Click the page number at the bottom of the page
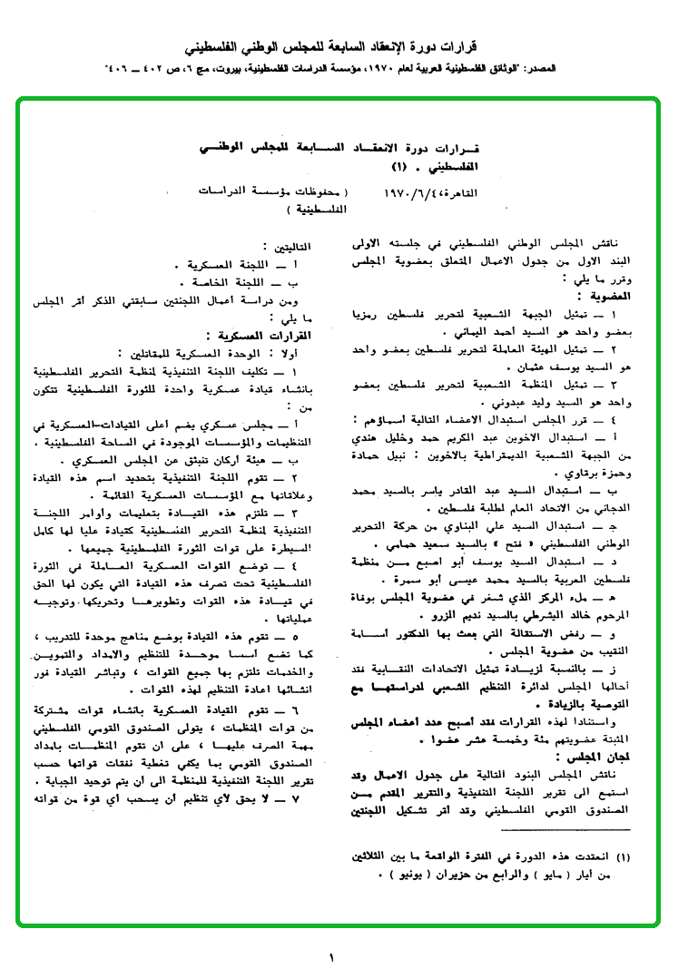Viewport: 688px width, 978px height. point(332,957)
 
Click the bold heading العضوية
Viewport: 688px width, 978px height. point(605,294)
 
